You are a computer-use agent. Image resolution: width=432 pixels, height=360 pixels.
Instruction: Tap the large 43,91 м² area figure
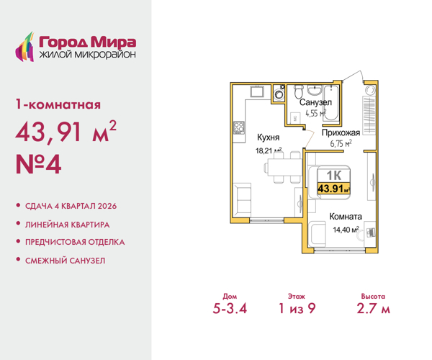pos(66,134)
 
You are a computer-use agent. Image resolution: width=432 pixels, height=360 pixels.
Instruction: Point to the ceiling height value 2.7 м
pos(374,310)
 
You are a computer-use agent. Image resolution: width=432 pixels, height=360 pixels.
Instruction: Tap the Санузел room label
pos(315,103)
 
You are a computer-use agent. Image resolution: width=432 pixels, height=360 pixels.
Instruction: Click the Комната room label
pos(346,216)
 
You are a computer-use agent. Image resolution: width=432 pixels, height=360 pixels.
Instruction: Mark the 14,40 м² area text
pos(346,230)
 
